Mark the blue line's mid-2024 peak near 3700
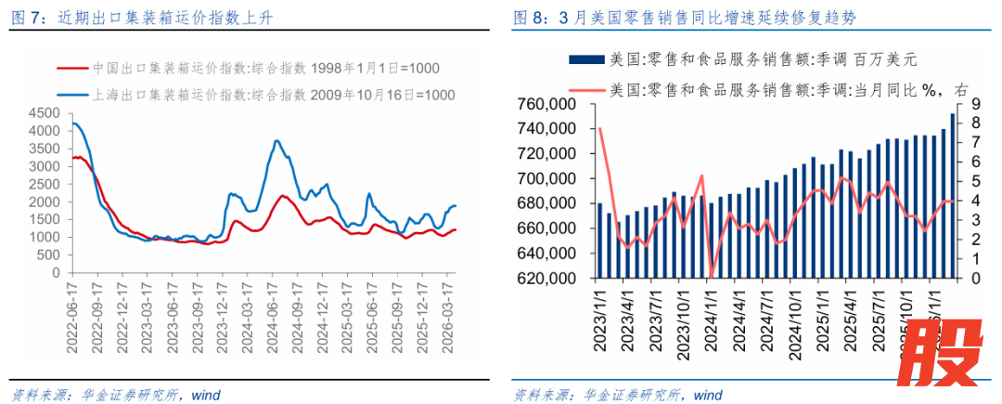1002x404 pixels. point(276,141)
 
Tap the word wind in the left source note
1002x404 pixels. point(205,394)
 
